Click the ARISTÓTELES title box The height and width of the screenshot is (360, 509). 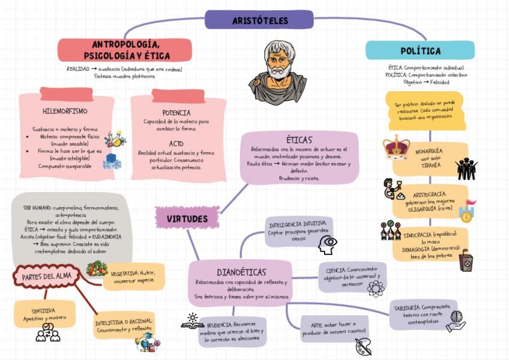(259, 20)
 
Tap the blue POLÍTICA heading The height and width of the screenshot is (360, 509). (420, 50)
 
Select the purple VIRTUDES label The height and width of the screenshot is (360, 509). (187, 218)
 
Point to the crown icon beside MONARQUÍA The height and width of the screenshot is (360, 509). (396, 148)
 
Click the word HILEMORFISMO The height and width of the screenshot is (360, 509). (65, 112)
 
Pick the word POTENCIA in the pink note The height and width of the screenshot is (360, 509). (176, 113)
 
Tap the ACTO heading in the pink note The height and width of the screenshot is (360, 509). (176, 143)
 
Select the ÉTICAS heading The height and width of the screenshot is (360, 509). (299, 140)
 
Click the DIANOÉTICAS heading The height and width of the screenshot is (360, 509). (241, 272)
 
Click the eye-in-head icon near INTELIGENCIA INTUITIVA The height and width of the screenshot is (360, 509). (328, 244)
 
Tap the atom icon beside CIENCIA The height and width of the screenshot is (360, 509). (376, 289)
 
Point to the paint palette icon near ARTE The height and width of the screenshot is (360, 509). (363, 346)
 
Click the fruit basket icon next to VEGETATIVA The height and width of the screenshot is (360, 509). (96, 268)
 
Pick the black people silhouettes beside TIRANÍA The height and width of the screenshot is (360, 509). (466, 169)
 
